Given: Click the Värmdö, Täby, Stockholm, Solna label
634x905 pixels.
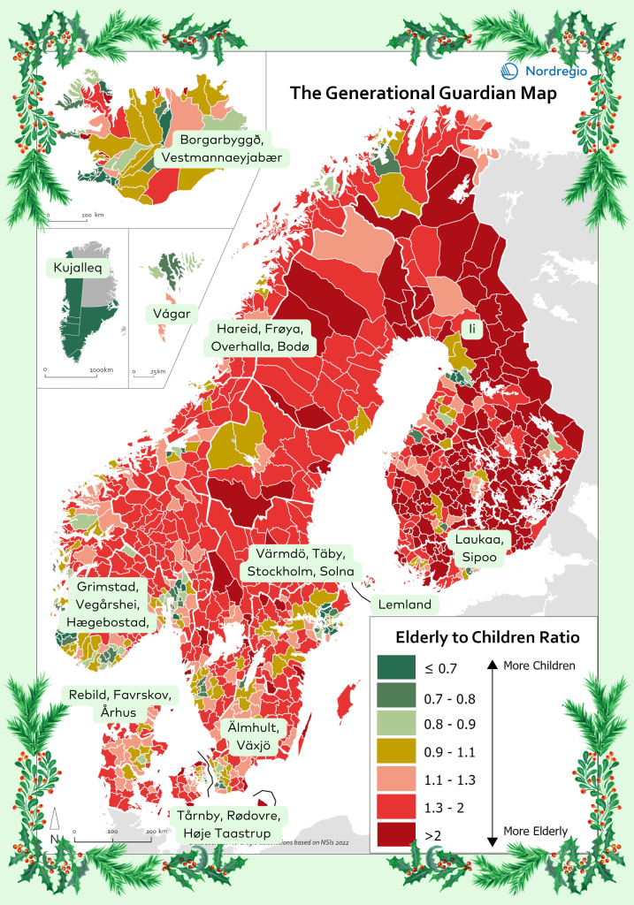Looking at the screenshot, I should pos(302,562).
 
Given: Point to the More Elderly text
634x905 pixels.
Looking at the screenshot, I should pos(535,831).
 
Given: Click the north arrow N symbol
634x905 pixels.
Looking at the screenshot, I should pos(55,827).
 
